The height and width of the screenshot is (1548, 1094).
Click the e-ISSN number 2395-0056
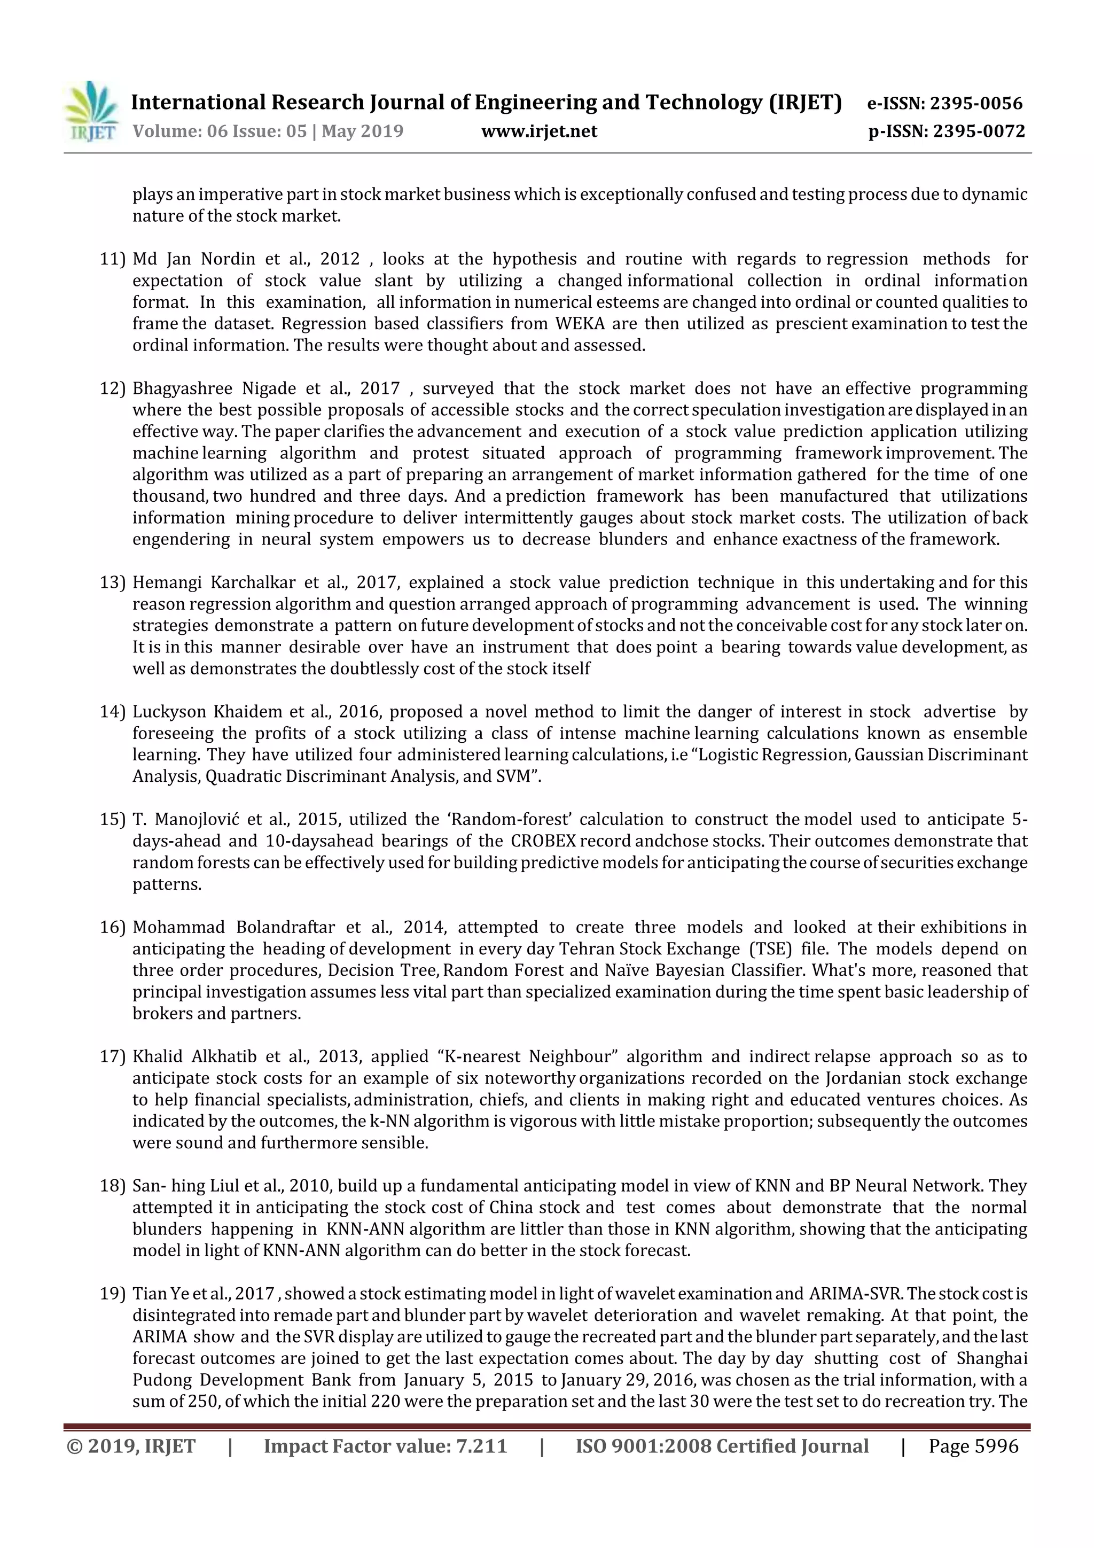976,104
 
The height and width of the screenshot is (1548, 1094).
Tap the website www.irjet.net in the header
538,131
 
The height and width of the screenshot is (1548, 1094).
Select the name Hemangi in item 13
167,582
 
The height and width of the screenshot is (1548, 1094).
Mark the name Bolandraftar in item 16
286,928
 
